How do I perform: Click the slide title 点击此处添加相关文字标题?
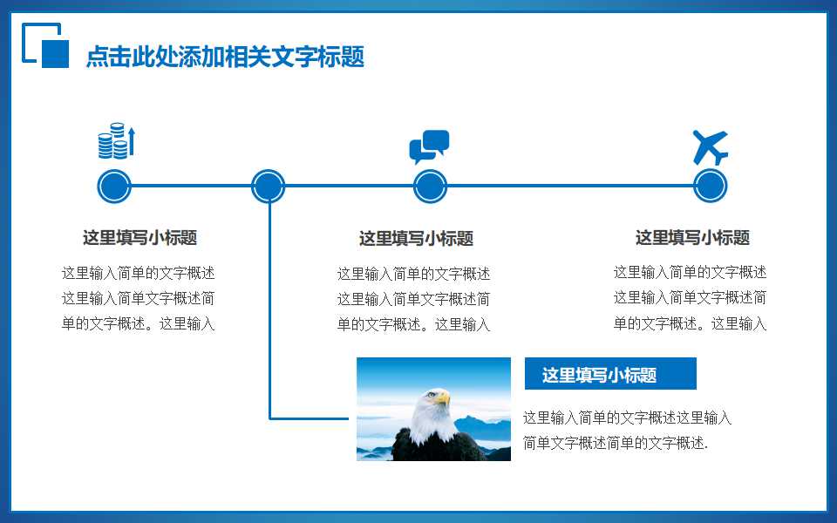pos(225,57)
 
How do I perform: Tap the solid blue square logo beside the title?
pos(55,53)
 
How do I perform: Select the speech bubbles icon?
pos(429,146)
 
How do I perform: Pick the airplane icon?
pos(710,147)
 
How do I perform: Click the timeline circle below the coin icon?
pos(113,186)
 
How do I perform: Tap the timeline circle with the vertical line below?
pos(268,186)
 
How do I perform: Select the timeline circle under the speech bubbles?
pos(430,186)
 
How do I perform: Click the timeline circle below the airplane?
pos(710,186)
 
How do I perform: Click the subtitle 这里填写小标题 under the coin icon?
pos(139,238)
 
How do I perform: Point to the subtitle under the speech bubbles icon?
pos(416,239)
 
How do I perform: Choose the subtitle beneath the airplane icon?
pos(692,238)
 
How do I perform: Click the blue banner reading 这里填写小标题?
pos(609,374)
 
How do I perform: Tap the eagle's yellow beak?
pos(443,398)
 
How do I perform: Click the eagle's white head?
pos(426,410)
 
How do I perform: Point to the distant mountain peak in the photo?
pos(472,421)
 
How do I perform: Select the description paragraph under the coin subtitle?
pos(138,298)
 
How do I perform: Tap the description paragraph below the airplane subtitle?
pos(690,297)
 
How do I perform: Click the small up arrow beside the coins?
pos(132,140)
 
